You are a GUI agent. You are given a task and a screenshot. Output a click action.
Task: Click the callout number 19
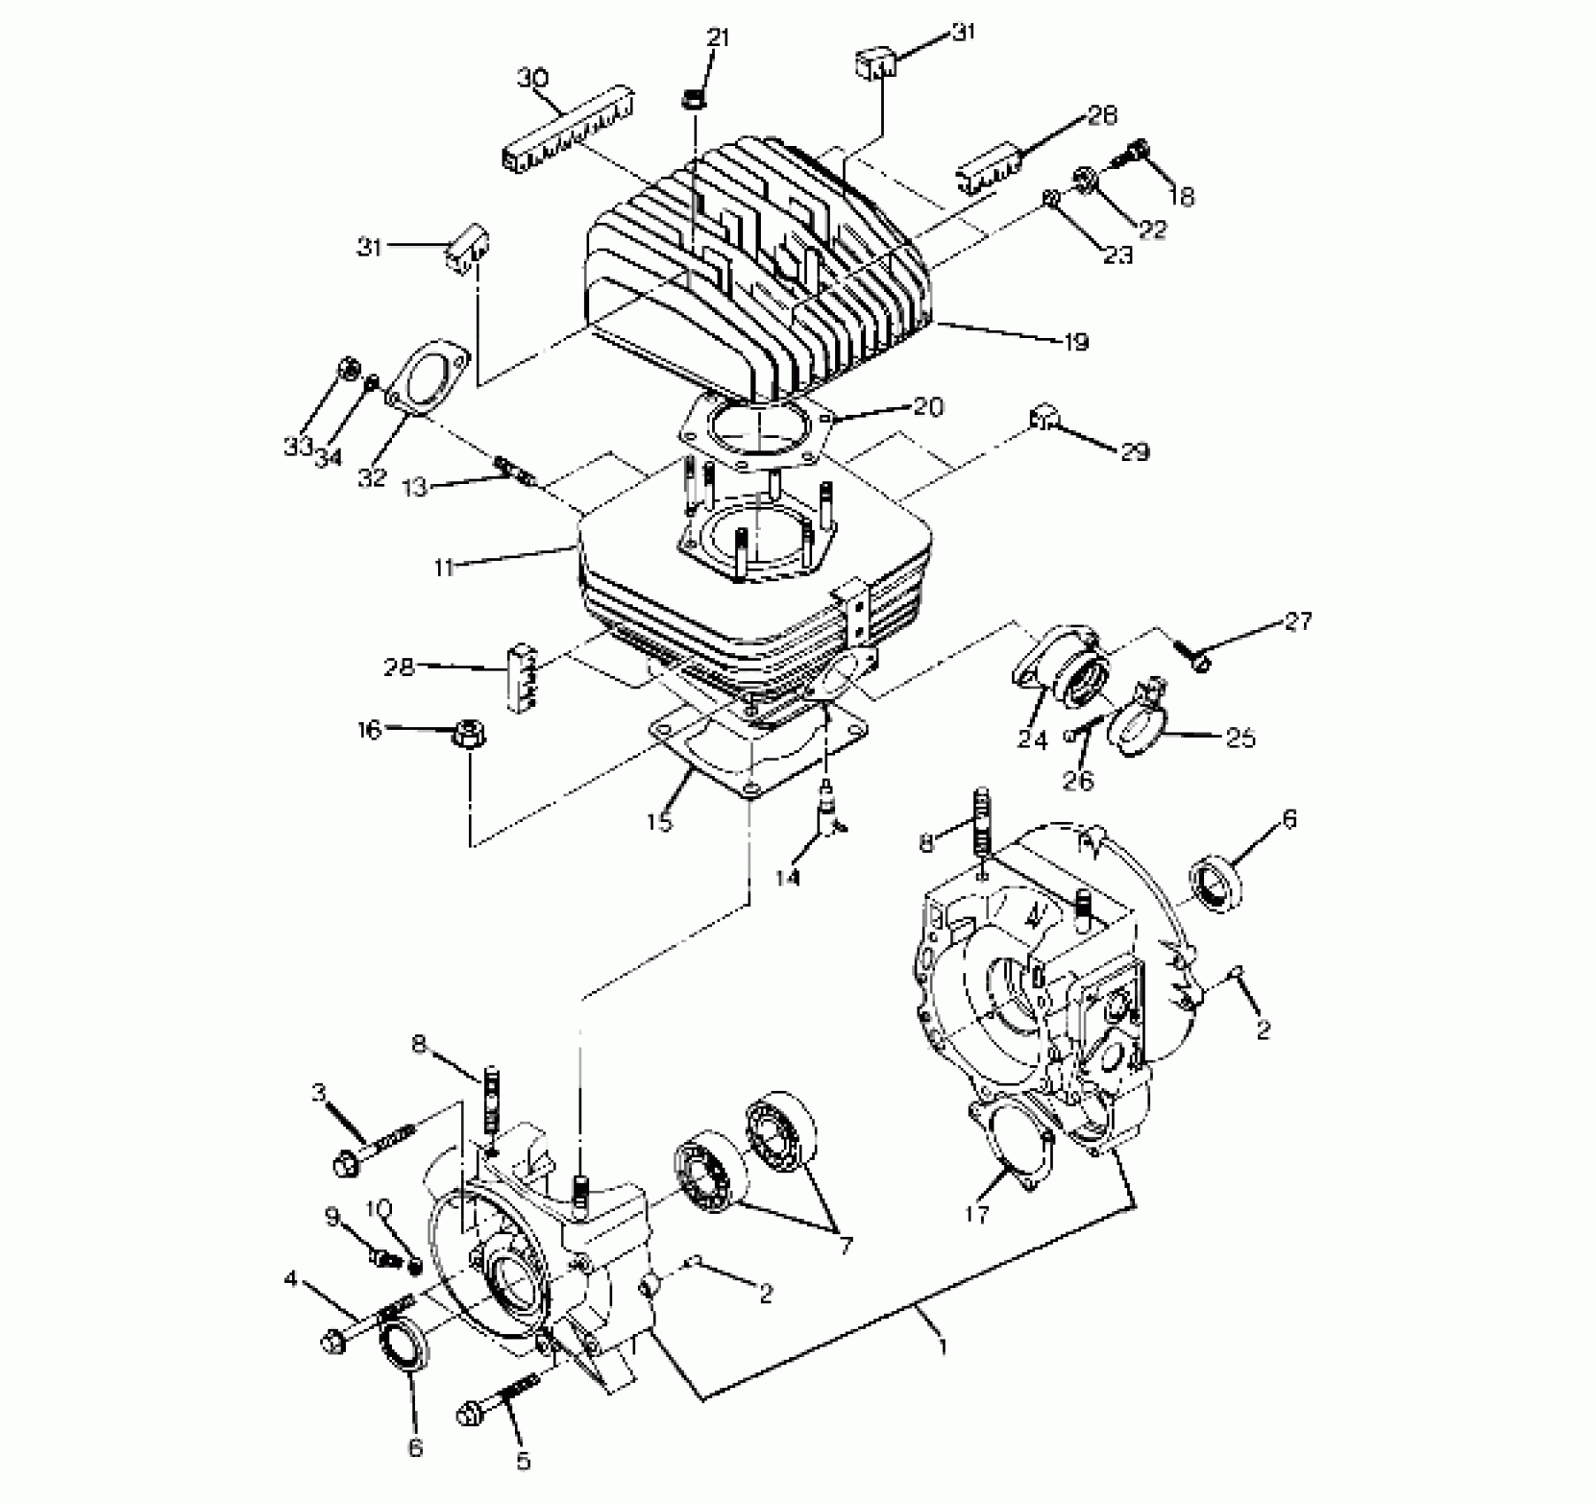pos(1075,341)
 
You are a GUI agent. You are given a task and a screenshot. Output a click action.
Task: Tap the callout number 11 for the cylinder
pos(444,567)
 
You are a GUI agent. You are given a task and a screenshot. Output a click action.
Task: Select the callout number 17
pos(977,1215)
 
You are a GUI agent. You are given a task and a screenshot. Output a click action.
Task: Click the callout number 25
pos(1241,736)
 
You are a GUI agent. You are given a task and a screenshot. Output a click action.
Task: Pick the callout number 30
pos(533,79)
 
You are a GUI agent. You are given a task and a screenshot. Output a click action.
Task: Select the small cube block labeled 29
pos(1044,415)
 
